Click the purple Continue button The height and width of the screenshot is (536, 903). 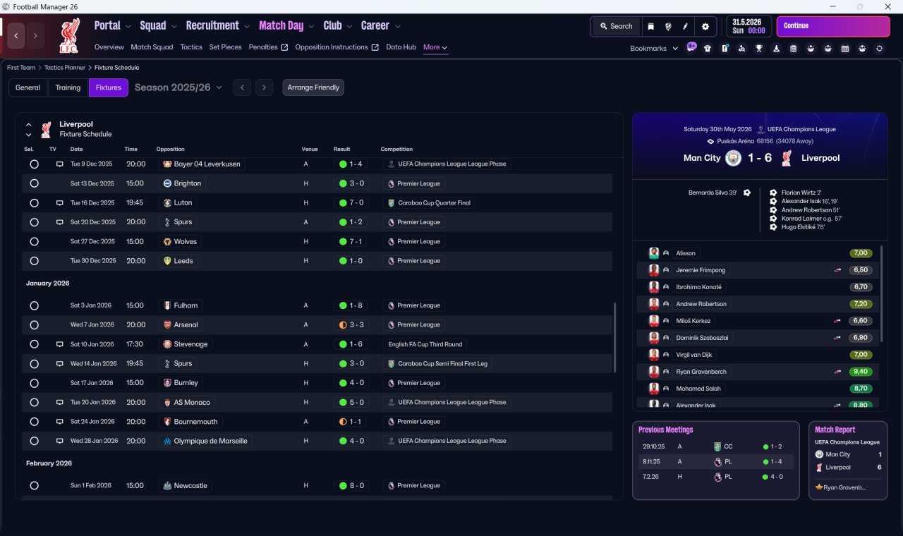[x=833, y=26]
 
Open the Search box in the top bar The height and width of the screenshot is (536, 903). [x=616, y=26]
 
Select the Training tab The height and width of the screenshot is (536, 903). [x=68, y=87]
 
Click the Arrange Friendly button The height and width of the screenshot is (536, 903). [x=313, y=87]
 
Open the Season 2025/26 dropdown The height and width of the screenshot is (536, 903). [x=178, y=87]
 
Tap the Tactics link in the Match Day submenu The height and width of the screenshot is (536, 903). [x=191, y=47]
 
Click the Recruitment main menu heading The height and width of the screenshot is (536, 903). [x=212, y=26]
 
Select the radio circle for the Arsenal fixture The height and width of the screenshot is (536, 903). [x=35, y=325]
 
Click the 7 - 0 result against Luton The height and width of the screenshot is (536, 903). [x=351, y=202]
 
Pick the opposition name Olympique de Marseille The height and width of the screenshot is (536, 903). [x=210, y=441]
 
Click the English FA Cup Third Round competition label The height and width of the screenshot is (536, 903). [x=425, y=344]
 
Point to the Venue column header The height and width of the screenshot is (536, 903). [x=310, y=149]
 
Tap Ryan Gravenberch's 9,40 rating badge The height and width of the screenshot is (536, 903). [x=860, y=372]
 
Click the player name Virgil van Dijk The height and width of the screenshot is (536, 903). [x=693, y=355]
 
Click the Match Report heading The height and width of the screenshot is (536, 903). [x=835, y=430]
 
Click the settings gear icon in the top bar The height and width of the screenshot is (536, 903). [x=705, y=27]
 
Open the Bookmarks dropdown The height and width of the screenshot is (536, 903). [x=653, y=49]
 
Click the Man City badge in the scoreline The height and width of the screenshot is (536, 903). [x=733, y=158]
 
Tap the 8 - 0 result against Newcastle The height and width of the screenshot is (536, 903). [x=351, y=486]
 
